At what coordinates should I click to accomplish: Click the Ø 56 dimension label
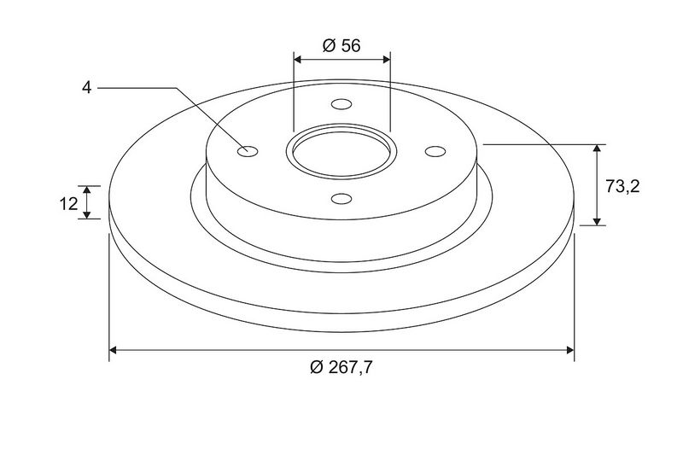(341, 45)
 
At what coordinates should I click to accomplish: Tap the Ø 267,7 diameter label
(341, 367)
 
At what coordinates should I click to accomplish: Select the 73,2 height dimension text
(622, 186)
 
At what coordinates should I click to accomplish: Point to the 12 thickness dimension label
(68, 203)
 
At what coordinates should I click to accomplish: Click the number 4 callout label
(87, 88)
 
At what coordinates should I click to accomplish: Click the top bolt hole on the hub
(341, 104)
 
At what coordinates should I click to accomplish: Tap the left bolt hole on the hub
(248, 151)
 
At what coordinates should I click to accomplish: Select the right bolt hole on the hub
(435, 151)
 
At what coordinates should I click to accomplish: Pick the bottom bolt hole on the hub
(341, 199)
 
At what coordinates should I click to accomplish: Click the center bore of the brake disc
(341, 153)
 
